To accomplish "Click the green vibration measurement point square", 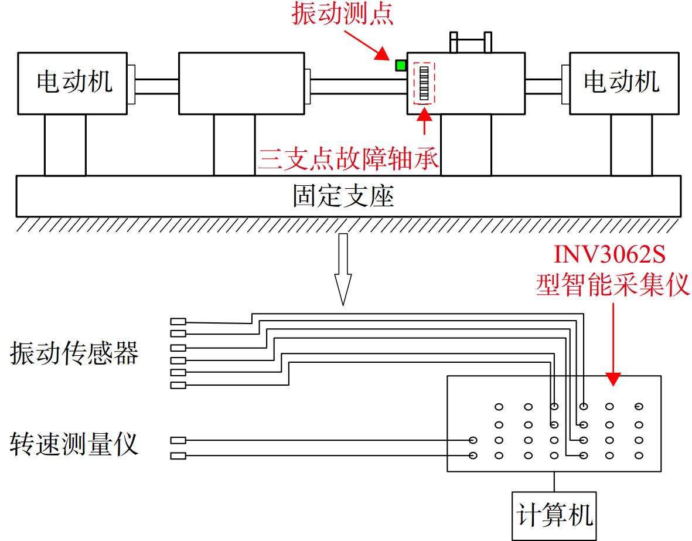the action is click(x=401, y=66).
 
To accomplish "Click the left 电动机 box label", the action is click(x=74, y=81).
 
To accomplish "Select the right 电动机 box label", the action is click(x=621, y=81).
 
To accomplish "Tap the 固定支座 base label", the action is click(x=343, y=196).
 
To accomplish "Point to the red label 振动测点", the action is click(x=342, y=13).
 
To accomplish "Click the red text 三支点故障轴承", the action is click(x=348, y=158).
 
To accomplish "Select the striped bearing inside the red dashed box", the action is click(x=424, y=83).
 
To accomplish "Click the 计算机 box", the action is click(x=554, y=515).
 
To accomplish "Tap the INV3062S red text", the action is click(x=609, y=253).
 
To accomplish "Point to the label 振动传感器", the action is click(x=74, y=353).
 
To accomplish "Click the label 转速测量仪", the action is click(x=74, y=444).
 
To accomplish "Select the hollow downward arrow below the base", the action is click(x=343, y=270).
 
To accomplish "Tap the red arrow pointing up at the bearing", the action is click(x=425, y=120).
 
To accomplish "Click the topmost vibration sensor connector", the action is click(x=178, y=322).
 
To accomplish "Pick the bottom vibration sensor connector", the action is click(x=178, y=385).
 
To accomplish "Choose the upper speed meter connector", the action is click(x=178, y=440).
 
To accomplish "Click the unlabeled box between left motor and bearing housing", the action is click(x=241, y=83).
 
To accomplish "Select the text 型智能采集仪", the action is click(x=612, y=284).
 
